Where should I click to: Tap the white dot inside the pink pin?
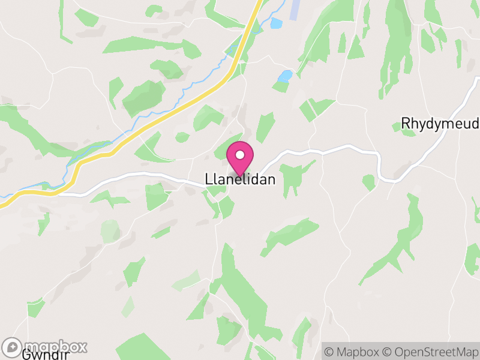click(240, 155)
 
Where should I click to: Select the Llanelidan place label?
click(240, 179)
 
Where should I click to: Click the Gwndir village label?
click(45, 355)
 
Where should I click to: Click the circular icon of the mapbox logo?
click(13, 347)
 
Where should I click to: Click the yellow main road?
click(180, 108)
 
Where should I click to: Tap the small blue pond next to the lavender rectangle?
click(276, 23)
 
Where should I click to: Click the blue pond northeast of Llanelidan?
click(285, 76)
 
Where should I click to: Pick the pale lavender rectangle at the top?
click(295, 8)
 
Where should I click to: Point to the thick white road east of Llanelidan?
click(336, 149)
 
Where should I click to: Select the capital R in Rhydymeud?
click(406, 124)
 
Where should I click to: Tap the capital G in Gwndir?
click(26, 355)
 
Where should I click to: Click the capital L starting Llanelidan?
click(208, 179)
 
